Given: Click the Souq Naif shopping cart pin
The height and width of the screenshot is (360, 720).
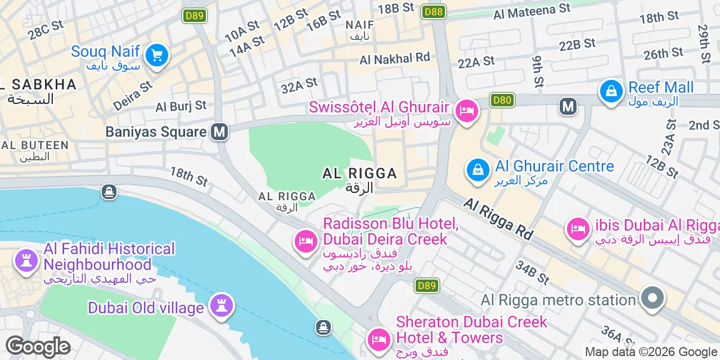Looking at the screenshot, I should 156,56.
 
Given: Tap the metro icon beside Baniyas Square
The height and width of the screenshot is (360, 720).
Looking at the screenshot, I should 219,132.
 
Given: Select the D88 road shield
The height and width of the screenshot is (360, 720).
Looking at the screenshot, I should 433,11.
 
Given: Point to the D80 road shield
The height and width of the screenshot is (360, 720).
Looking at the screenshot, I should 502,100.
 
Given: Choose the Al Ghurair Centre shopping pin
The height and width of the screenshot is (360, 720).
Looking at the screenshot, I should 478,169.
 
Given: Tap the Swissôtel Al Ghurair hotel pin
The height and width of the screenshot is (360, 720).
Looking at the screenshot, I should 466,110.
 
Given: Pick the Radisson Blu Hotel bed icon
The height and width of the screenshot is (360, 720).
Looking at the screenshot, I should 306,242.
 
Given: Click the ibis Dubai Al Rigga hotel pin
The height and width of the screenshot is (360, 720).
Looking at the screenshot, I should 578,228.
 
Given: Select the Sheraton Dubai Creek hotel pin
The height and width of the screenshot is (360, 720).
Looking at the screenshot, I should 379,339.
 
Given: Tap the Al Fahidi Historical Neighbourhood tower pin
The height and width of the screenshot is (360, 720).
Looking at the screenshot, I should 26,260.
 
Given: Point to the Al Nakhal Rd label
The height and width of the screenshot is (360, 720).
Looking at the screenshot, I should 395,58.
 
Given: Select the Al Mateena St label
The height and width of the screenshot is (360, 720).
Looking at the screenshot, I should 532,10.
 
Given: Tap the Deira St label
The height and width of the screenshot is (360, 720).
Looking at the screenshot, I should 133,95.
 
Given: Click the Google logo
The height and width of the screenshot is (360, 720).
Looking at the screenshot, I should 37,347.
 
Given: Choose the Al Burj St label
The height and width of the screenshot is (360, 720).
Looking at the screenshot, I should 181,106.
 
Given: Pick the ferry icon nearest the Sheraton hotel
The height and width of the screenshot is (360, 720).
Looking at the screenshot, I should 323,327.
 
